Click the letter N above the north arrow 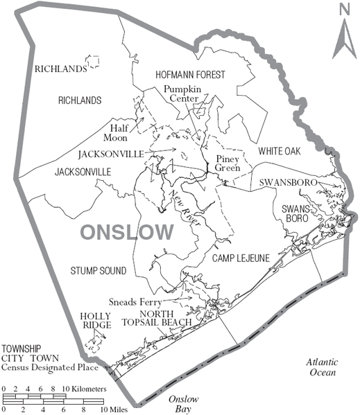click(343, 9)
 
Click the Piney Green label click(226, 163)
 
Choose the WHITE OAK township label click(279, 150)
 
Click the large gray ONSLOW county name click(127, 231)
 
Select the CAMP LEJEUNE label click(241, 258)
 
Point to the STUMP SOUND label click(98, 270)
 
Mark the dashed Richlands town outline click(92, 61)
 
